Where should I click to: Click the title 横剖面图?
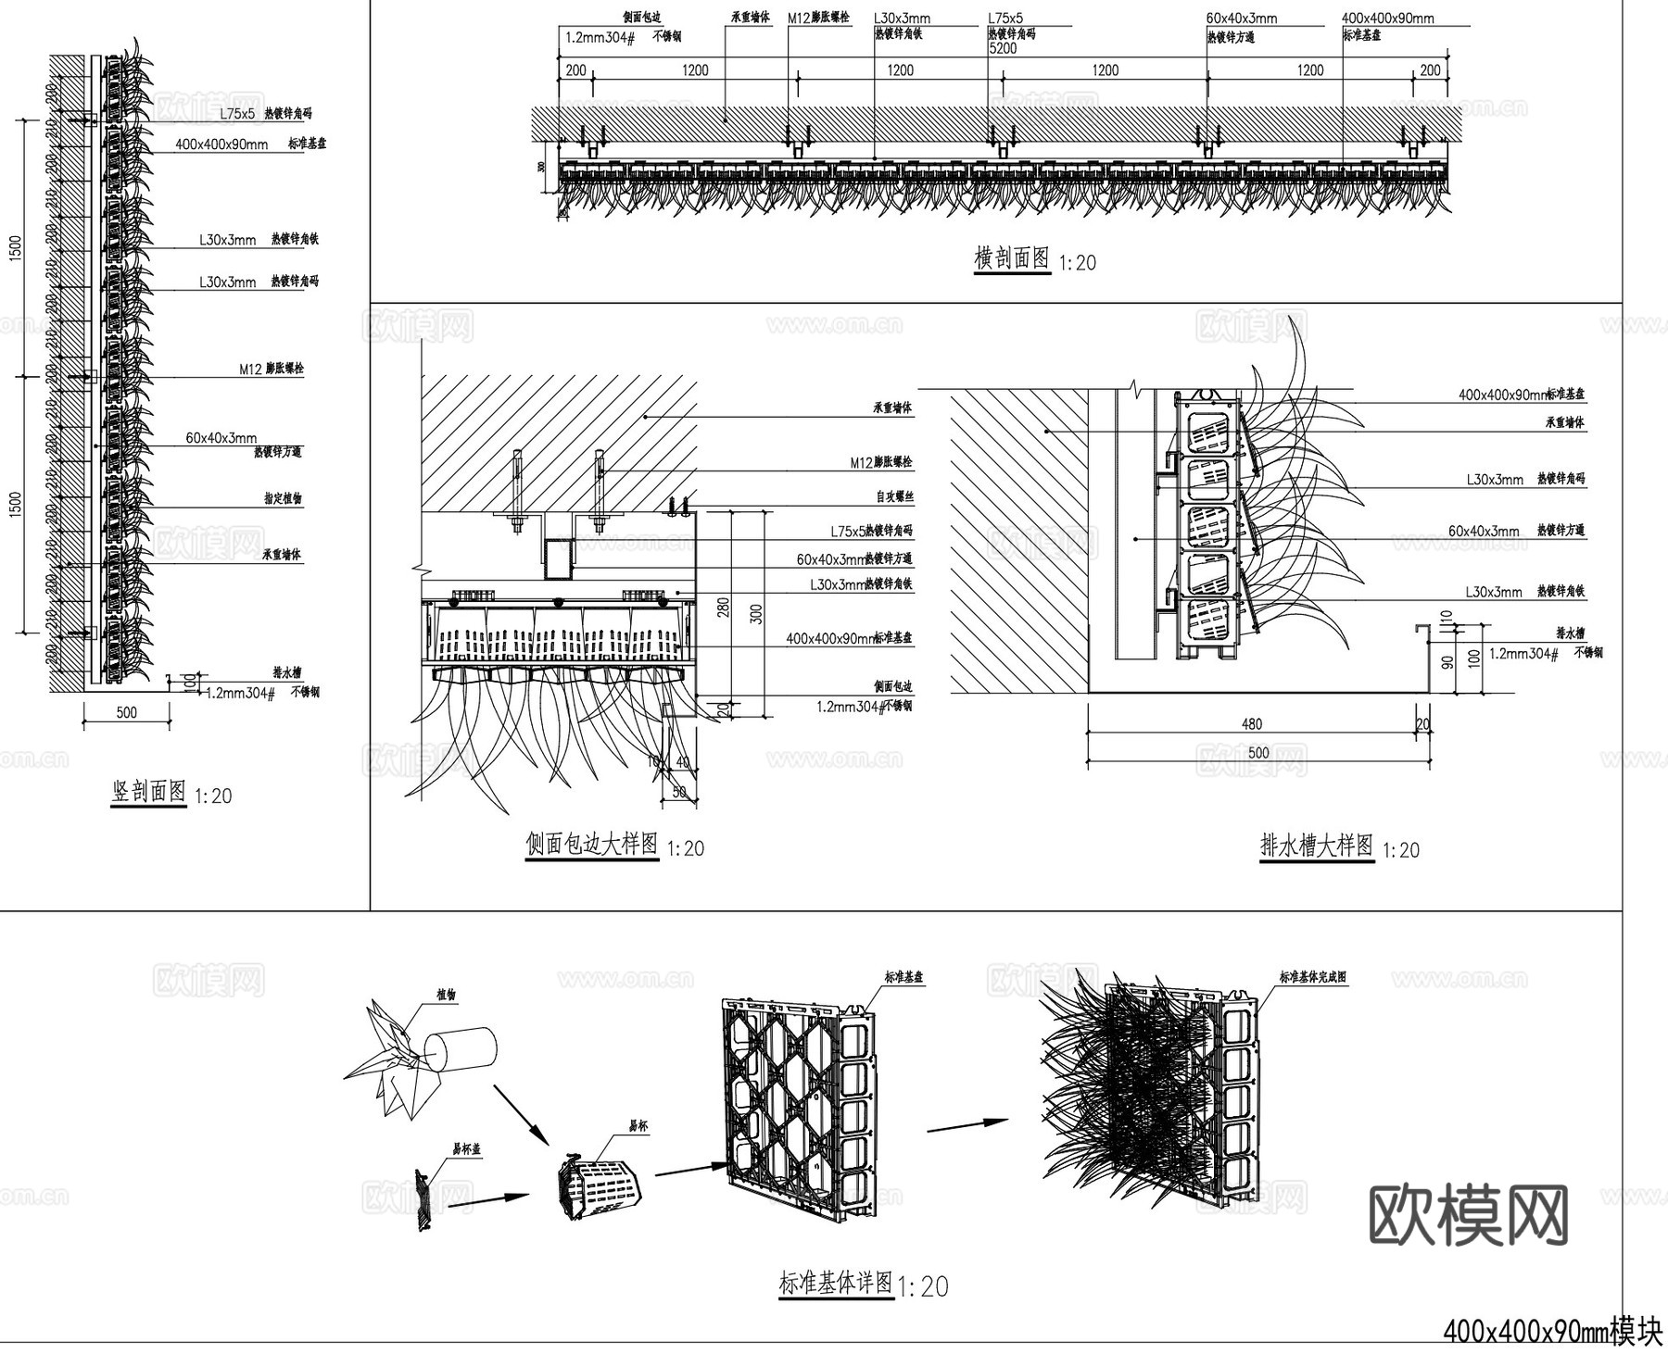point(1012,258)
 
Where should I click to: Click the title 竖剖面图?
point(148,793)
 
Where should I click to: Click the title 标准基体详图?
point(836,1285)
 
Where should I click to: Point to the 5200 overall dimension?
point(1003,49)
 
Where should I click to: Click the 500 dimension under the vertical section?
point(127,712)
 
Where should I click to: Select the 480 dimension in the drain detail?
point(1251,724)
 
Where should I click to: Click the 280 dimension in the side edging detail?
point(724,608)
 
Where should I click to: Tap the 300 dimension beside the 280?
point(756,613)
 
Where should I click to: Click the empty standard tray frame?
point(797,1102)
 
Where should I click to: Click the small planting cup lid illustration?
point(423,1201)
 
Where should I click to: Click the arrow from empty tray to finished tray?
point(967,1125)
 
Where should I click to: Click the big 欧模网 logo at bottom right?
point(1469,1215)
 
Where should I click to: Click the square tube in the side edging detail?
point(557,558)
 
